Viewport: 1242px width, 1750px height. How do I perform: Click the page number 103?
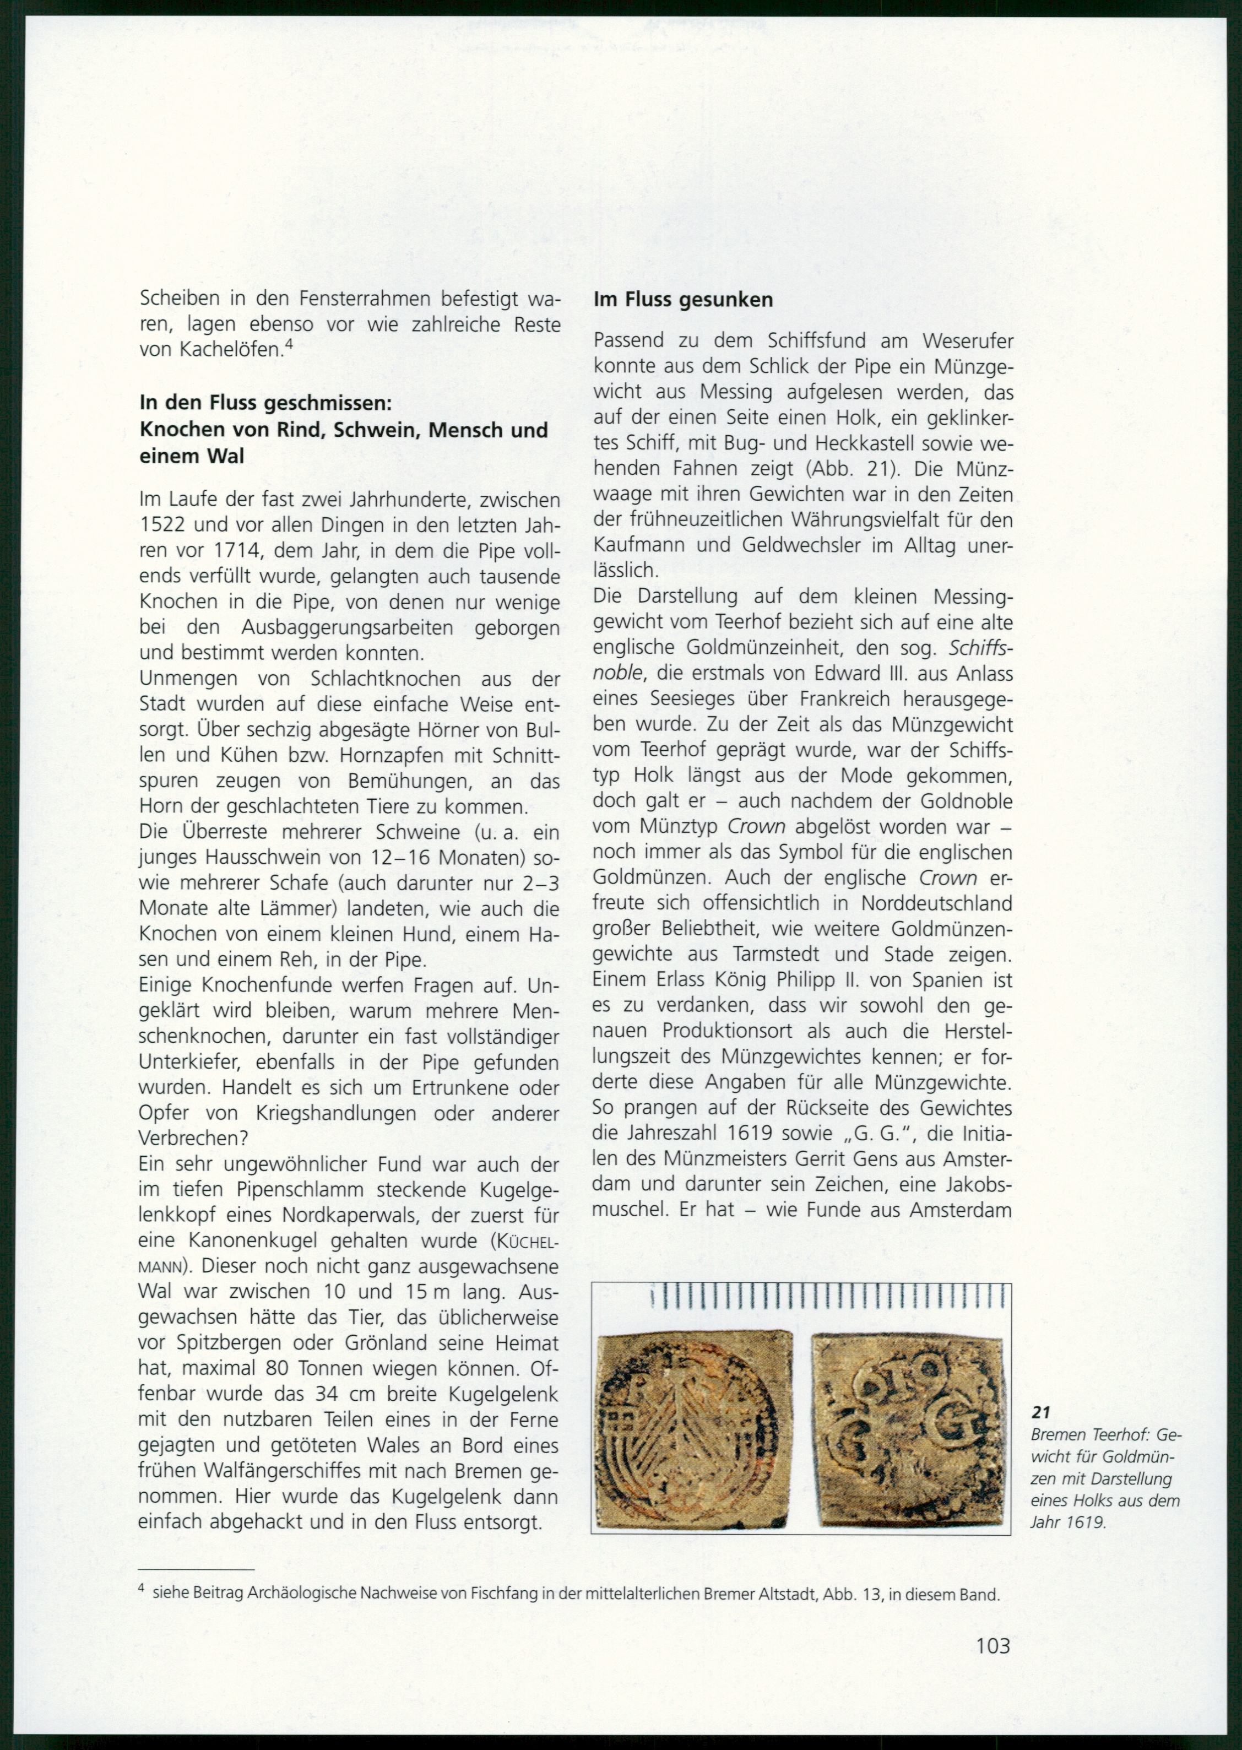(992, 1645)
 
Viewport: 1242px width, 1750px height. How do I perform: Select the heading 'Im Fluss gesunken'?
(683, 300)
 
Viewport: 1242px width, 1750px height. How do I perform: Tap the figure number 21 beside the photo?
(1040, 1412)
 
